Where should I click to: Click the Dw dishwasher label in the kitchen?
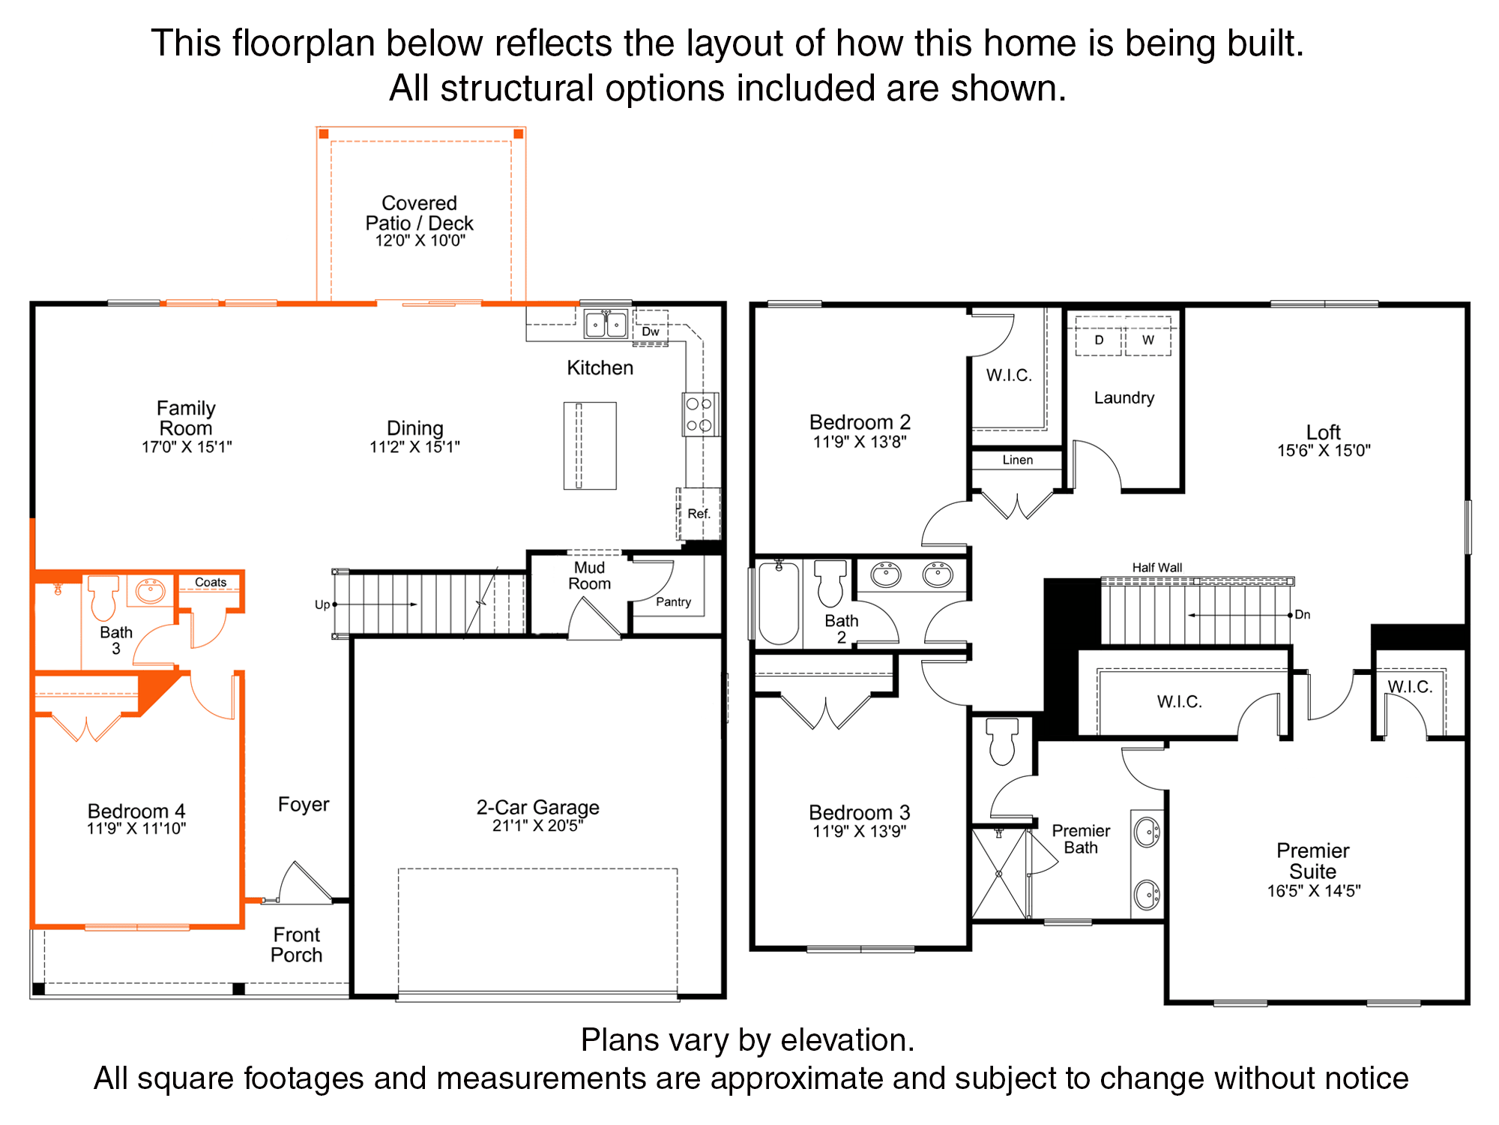tap(651, 331)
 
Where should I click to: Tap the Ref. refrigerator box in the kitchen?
tap(699, 514)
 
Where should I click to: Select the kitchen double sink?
tap(606, 324)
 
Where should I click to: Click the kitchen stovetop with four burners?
tap(700, 414)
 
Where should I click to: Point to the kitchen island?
tap(590, 445)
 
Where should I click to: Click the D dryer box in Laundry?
tap(1099, 340)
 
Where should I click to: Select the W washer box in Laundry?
tap(1147, 340)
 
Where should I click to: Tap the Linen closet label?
tap(1018, 460)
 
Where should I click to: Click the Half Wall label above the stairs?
tap(1157, 568)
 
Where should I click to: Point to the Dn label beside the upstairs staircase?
tap(1303, 614)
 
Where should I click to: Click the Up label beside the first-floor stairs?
tap(322, 604)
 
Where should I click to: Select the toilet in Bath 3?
tap(103, 598)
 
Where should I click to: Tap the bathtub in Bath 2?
tap(779, 602)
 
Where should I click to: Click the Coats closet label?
tap(211, 582)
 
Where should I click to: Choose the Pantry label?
tap(673, 601)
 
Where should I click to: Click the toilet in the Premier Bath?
tap(1003, 741)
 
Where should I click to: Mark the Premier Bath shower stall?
tap(999, 873)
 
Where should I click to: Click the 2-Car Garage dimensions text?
tap(537, 826)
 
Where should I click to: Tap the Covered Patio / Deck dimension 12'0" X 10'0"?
tap(420, 241)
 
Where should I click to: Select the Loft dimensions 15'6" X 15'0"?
tap(1324, 450)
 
